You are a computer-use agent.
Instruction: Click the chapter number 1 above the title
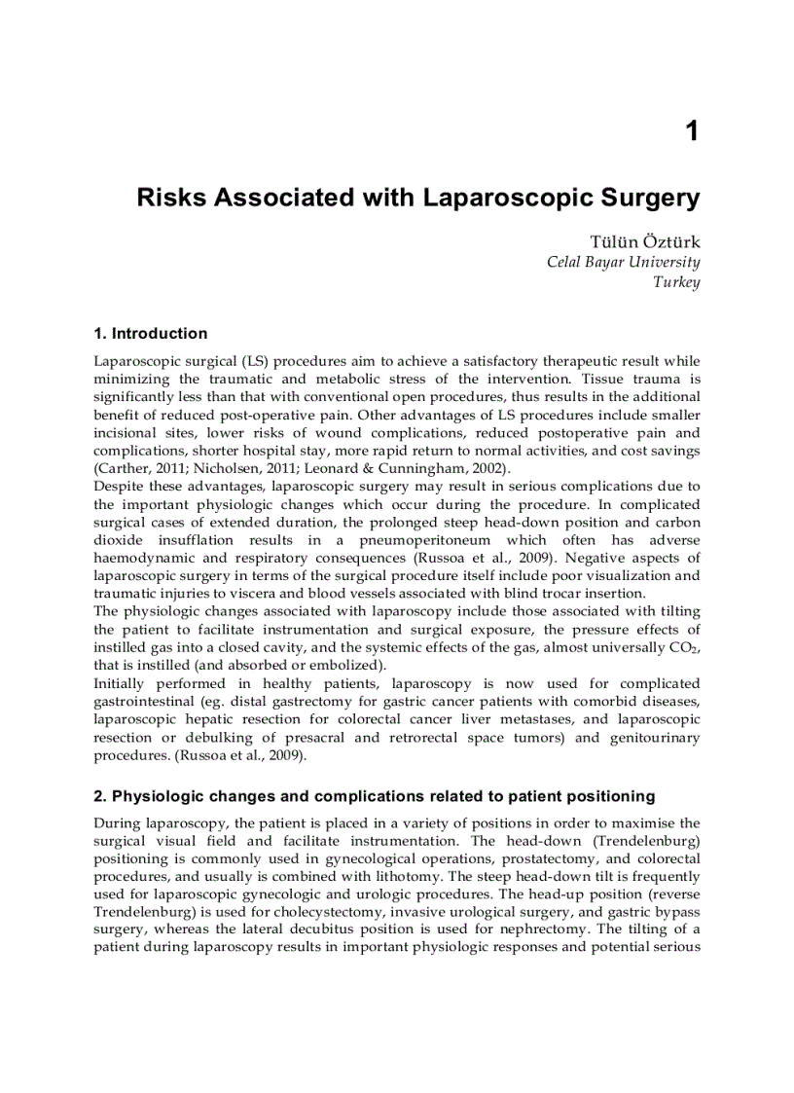tap(692, 131)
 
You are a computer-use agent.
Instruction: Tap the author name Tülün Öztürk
tap(645, 241)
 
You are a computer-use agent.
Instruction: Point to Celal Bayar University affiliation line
tap(623, 262)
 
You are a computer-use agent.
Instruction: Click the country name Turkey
tap(676, 282)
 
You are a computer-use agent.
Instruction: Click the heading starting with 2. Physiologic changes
tap(374, 797)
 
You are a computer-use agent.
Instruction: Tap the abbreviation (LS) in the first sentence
tap(255, 361)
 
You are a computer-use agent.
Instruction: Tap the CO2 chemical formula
tap(685, 648)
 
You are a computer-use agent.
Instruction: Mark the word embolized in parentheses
tap(344, 666)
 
